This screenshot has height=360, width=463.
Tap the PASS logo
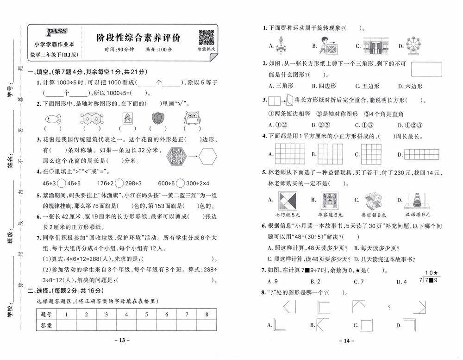coord(56,32)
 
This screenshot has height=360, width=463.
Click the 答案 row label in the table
coord(46,326)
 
